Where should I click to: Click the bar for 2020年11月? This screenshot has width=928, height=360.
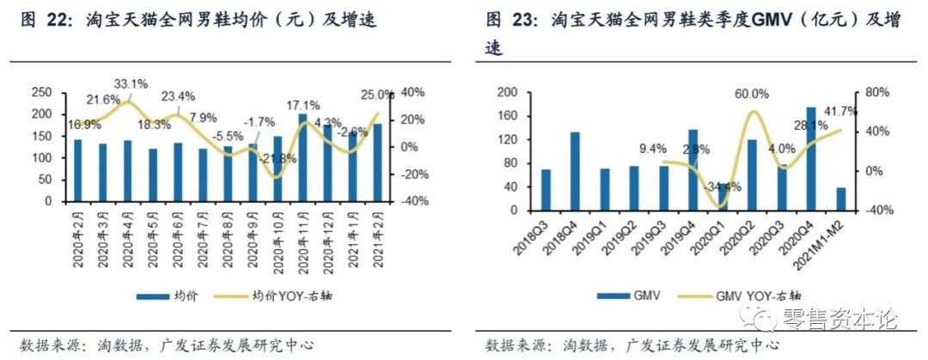pos(302,158)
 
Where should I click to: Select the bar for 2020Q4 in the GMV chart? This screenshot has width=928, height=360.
pos(811,159)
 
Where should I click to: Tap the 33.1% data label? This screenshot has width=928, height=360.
pos(131,84)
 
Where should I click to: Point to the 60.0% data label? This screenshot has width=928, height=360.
pos(750,94)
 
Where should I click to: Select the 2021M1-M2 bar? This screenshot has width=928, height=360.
pos(840,198)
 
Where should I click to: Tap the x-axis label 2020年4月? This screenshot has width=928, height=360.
pos(125,236)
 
